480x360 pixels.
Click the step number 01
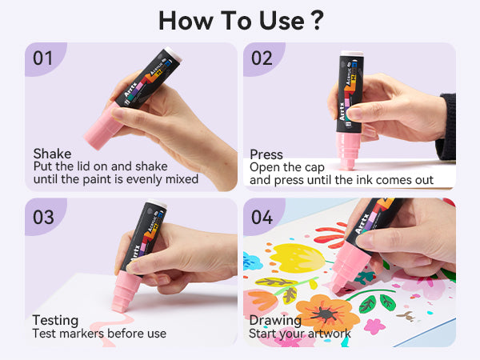tap(42, 58)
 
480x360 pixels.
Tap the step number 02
tap(262, 58)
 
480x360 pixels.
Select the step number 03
tap(43, 217)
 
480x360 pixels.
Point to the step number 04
tap(262, 217)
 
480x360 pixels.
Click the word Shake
tap(52, 154)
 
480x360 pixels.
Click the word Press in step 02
tap(266, 154)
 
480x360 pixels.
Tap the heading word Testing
tap(55, 321)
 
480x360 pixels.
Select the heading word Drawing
tap(275, 321)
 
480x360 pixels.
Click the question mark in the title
tap(315, 20)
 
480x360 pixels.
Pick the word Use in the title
tap(282, 21)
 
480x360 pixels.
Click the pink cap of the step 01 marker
tap(103, 126)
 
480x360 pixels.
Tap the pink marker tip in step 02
tap(348, 150)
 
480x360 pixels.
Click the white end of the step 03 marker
tap(158, 203)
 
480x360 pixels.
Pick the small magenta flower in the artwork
tap(374, 326)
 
